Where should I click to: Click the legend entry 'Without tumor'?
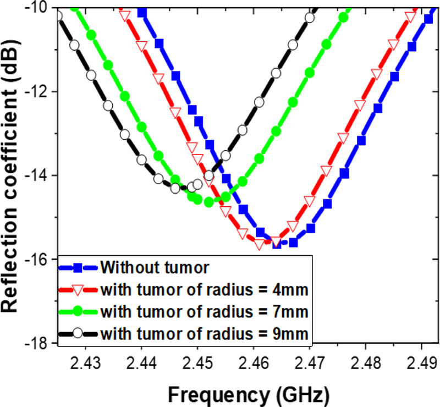click(x=155, y=268)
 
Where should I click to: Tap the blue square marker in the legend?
click(x=78, y=268)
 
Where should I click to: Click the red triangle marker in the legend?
click(x=78, y=290)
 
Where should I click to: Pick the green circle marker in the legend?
click(x=78, y=311)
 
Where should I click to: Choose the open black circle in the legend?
click(x=78, y=333)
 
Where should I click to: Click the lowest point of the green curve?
click(x=209, y=202)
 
